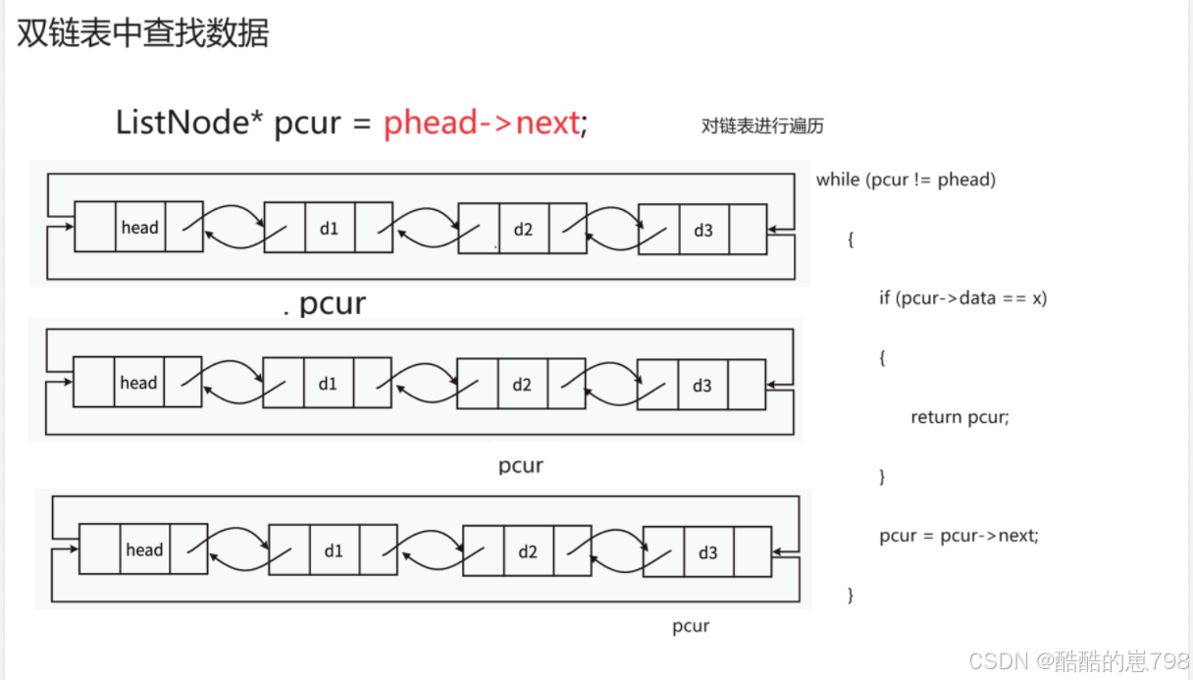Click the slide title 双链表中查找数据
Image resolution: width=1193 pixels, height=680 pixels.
pos(142,33)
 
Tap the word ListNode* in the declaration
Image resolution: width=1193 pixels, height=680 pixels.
pos(189,122)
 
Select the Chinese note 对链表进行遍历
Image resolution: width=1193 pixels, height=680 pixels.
pos(762,127)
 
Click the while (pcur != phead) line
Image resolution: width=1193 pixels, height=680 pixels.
pos(906,180)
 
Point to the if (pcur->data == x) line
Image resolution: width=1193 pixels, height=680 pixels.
pos(962,298)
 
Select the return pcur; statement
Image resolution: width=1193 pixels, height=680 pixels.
pos(960,417)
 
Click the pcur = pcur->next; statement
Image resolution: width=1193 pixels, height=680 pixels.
pos(959,535)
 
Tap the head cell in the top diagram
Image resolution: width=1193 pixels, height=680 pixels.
pos(140,227)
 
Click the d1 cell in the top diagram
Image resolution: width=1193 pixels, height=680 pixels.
pos(330,228)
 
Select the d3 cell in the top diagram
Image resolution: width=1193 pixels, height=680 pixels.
pos(703,230)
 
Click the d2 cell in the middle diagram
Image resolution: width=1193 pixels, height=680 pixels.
pos(523,384)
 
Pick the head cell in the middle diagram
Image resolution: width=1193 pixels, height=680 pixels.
pos(138,382)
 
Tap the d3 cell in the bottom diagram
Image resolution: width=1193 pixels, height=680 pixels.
pos(708,552)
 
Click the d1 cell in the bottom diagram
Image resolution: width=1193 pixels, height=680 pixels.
pos(334,550)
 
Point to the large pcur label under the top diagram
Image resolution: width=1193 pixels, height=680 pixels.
pos(333,304)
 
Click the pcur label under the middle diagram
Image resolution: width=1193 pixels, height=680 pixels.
pos(521,466)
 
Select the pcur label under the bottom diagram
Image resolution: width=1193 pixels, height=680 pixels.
pos(691,627)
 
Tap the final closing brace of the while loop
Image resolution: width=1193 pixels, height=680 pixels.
pos(851,595)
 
